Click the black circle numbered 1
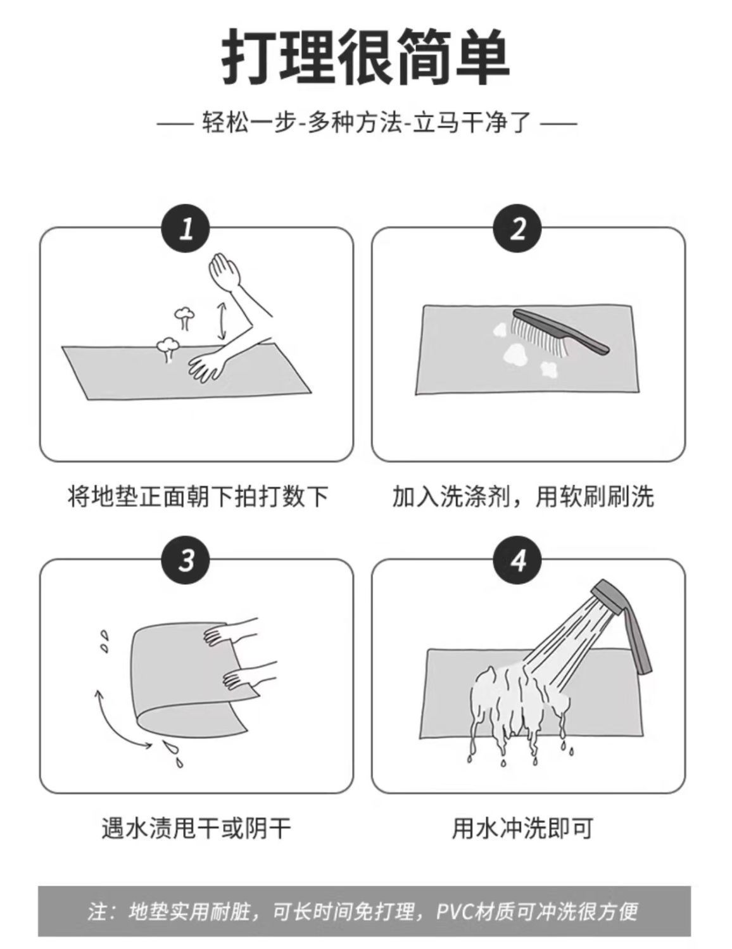[x=186, y=229]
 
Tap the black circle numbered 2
[x=517, y=229]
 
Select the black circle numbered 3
[x=186, y=560]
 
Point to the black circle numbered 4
[x=517, y=560]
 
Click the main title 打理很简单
[x=366, y=57]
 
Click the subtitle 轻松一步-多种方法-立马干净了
[x=367, y=123]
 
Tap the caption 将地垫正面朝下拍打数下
[x=198, y=496]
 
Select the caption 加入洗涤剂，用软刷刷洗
[x=523, y=496]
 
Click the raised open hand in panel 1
[x=224, y=270]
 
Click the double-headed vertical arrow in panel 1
[x=222, y=321]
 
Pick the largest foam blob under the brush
[x=517, y=355]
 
